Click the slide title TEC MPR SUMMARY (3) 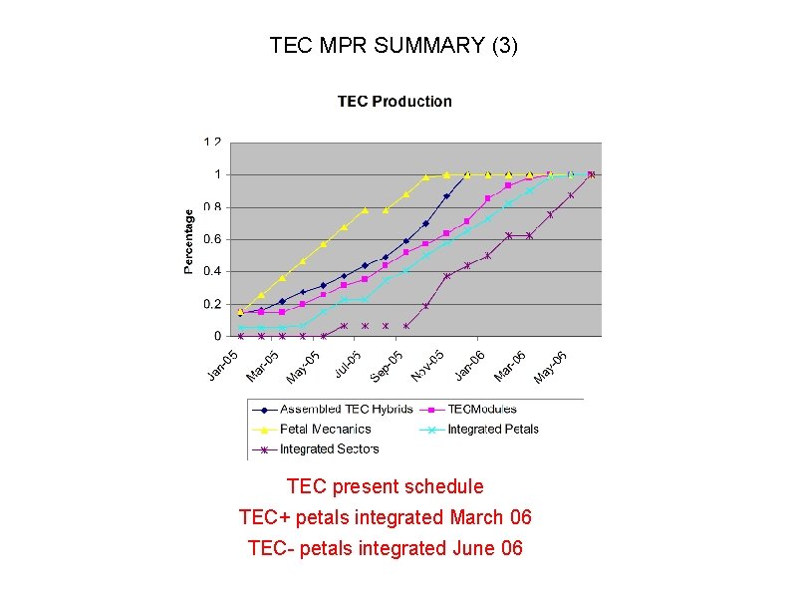[x=394, y=46]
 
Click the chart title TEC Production [x=395, y=101]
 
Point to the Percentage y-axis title [x=188, y=240]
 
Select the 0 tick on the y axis [x=217, y=336]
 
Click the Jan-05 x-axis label [x=222, y=364]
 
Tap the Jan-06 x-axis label [x=469, y=365]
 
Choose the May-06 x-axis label [x=551, y=365]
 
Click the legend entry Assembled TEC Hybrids [x=338, y=410]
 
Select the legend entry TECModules [x=482, y=410]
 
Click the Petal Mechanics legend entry [x=325, y=430]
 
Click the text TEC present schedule [x=386, y=487]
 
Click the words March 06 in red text [x=490, y=518]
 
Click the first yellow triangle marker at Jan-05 [x=240, y=311]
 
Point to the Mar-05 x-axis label [x=263, y=365]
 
